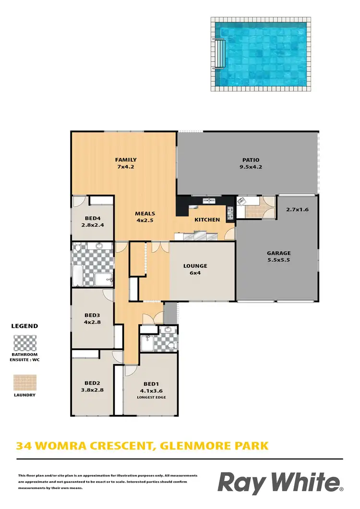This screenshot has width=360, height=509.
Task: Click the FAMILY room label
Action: [x=126, y=160]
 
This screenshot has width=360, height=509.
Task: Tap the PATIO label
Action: [x=250, y=160]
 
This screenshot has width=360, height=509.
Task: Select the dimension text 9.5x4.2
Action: [x=250, y=167]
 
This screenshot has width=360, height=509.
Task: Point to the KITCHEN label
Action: [x=207, y=220]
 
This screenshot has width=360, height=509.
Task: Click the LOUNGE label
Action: [x=195, y=266]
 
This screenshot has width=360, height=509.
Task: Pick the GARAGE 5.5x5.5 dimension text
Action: [x=279, y=260]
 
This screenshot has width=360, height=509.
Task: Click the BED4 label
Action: [x=93, y=217]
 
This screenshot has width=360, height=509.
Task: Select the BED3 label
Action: [x=92, y=315]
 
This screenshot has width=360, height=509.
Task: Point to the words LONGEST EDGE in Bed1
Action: [x=151, y=397]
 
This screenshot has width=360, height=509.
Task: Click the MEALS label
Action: [x=144, y=214]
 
